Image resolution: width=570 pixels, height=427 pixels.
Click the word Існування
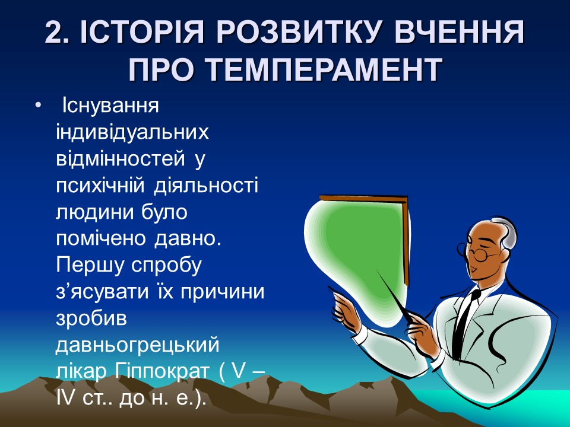point(110,106)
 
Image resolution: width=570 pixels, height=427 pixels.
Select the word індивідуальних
point(132,132)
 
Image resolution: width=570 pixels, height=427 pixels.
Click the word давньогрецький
point(138,345)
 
